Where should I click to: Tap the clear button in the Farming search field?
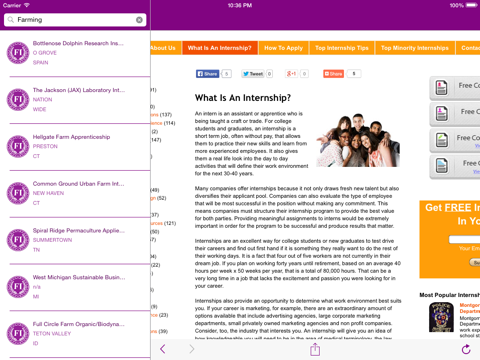[x=139, y=20]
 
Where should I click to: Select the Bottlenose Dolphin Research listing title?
[x=78, y=44]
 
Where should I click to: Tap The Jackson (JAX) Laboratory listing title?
[x=77, y=90]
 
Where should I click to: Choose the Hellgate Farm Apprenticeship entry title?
[x=71, y=137]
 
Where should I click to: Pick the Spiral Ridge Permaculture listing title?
[x=78, y=231]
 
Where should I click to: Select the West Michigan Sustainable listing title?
[x=78, y=278]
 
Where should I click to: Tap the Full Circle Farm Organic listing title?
[x=78, y=325]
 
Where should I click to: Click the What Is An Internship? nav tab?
[x=220, y=48]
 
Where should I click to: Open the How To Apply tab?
[x=284, y=48]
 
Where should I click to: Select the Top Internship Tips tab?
[x=341, y=48]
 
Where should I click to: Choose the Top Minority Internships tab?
[x=414, y=48]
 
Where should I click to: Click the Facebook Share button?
[x=208, y=74]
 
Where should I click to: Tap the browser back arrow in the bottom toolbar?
[x=163, y=349]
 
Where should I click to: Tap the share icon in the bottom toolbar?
[x=315, y=349]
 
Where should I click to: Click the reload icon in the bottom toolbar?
[x=466, y=349]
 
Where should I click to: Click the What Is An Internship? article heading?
[x=243, y=99]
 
